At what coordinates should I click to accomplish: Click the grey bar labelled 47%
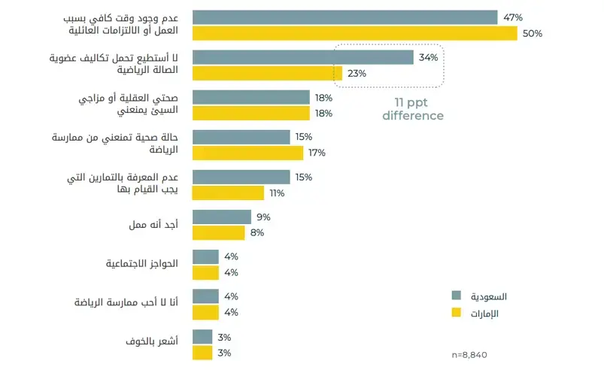pos(344,17)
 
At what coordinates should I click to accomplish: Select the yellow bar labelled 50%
pos(355,33)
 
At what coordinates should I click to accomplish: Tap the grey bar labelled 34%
pos(302,57)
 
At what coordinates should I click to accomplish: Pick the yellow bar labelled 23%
pos(267,73)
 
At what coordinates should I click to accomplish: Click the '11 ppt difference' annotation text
pos(412,109)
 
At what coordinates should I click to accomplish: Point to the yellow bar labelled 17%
pos(247,153)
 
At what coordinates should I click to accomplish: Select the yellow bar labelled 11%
pos(228,193)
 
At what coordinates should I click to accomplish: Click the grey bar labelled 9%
pos(222,217)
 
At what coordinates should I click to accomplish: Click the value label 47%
pos(512,17)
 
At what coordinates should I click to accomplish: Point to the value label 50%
pos(533,33)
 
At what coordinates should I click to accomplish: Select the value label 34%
pos(427,57)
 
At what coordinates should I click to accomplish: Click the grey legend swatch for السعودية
pos(456,296)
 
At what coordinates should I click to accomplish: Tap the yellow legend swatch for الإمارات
pos(456,313)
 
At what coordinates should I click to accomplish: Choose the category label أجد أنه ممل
pos(156,225)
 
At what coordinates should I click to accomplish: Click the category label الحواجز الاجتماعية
pos(144,265)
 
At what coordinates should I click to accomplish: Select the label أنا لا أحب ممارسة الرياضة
pos(126,304)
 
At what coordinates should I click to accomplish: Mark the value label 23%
pos(357,73)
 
